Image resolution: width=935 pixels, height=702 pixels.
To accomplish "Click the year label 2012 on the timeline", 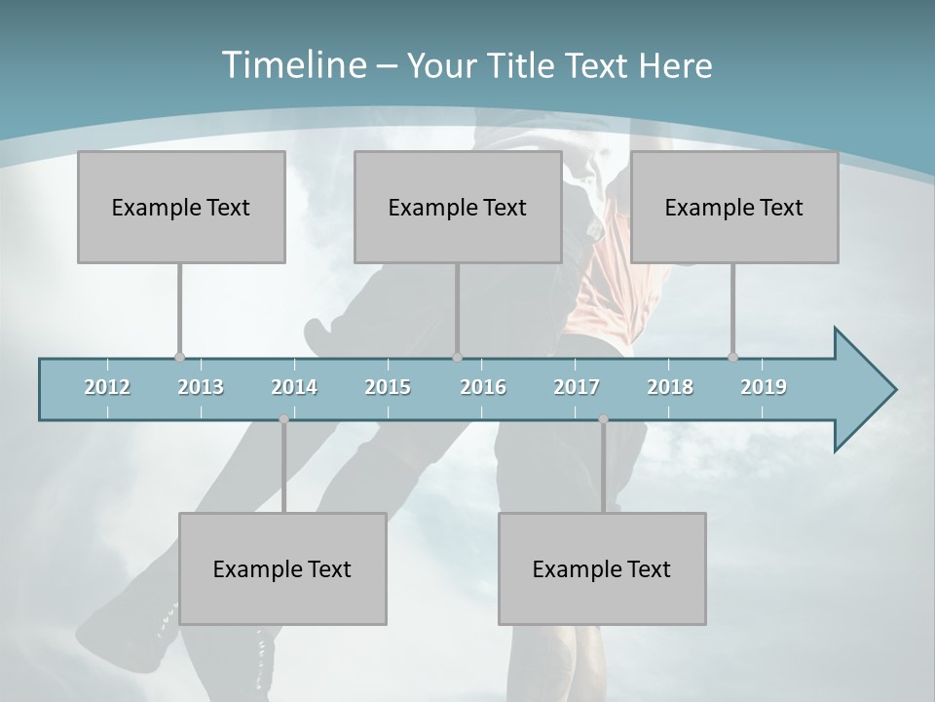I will coord(107,387).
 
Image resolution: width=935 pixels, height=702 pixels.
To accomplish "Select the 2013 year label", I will coord(201,387).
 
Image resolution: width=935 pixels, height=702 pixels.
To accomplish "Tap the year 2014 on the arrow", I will coord(294,387).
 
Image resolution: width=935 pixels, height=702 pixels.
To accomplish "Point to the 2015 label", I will coord(388,387).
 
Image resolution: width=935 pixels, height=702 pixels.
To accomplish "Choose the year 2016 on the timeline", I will coord(483,387).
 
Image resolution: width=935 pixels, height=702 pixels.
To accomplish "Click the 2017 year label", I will coord(577,387).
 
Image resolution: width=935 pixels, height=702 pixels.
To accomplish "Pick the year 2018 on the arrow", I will coord(670,387).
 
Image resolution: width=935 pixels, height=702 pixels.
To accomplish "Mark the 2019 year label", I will coord(764,387).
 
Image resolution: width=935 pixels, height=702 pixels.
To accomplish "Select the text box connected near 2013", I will coord(181,207).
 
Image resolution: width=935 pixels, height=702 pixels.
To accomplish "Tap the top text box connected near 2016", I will coord(458,207).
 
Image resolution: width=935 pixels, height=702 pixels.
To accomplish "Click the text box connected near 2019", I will coord(734,207).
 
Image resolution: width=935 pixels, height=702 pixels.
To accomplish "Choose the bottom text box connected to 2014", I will coord(282,568).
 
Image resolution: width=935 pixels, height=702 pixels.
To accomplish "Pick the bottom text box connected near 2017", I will coord(602,568).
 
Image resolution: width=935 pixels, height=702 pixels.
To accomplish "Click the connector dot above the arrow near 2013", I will coord(179,358).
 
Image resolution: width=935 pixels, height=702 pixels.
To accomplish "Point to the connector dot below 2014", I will coord(283,419).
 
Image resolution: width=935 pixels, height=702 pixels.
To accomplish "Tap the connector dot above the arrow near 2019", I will coord(732,358).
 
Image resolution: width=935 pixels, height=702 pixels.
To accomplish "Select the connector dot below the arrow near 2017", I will coord(603,419).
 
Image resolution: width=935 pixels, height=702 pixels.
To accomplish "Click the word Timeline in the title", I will coord(293,65).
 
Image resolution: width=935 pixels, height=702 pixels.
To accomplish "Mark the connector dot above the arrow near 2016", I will coord(457,358).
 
